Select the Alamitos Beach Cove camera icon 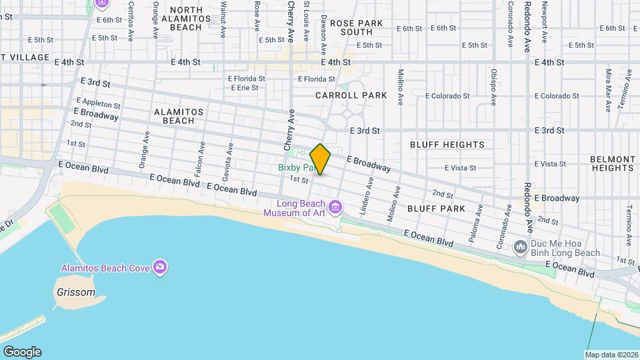coord(160,268)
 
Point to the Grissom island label coord(76,292)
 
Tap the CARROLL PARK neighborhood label coord(351,95)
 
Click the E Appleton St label coord(98,104)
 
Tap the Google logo coord(22,351)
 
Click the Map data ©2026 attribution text coord(611,355)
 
